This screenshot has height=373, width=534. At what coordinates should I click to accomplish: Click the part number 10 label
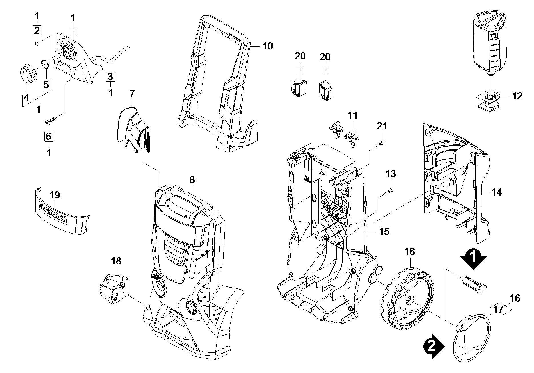point(268,46)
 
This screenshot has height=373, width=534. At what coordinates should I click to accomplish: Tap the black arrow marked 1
point(473,258)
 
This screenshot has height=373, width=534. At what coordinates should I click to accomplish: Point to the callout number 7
point(132,93)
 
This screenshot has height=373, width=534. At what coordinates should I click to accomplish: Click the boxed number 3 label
point(110,77)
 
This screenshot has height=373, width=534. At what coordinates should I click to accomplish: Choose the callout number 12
point(517,96)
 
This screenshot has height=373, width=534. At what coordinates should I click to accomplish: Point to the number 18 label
point(116,261)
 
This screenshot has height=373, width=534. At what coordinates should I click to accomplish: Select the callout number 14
point(497,192)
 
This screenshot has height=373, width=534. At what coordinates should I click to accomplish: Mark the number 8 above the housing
point(192,180)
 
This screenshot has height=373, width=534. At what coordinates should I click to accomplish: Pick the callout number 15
point(384,231)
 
